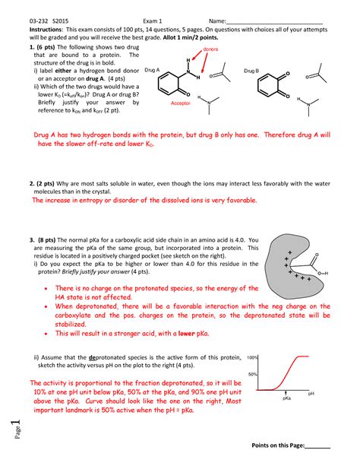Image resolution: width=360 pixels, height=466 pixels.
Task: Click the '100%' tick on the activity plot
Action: tap(253, 357)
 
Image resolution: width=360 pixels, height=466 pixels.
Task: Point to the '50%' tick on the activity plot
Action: tap(254, 375)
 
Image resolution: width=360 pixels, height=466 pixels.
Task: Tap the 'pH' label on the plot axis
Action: tap(311, 393)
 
